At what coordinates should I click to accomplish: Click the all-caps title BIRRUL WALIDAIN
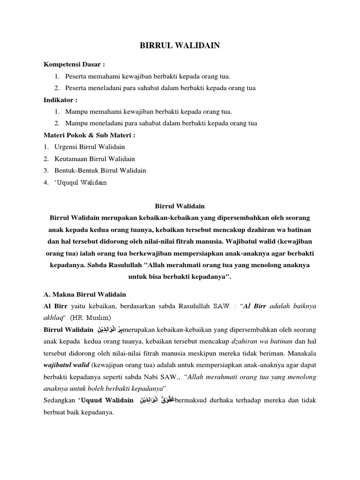coord(180,45)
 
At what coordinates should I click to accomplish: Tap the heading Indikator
coord(60,100)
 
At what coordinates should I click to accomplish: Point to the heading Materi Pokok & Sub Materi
coord(90,135)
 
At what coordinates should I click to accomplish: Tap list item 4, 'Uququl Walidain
coord(81,182)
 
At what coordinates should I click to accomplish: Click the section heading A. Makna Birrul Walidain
coord(85,294)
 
